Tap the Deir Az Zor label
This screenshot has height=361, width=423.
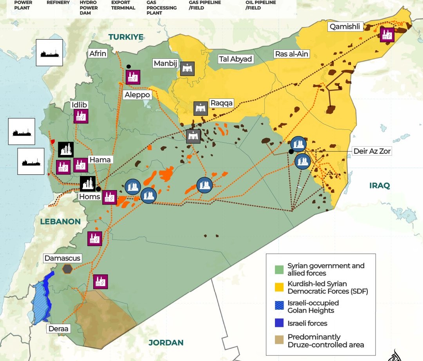click(372, 151)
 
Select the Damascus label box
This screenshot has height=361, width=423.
click(62, 258)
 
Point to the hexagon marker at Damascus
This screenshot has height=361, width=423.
click(68, 268)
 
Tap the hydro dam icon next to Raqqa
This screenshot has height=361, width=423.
click(201, 109)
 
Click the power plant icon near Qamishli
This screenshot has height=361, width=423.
click(387, 35)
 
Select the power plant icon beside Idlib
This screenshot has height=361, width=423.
click(81, 116)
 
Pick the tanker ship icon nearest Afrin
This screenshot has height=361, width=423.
click(49, 53)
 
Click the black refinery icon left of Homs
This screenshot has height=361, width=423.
click(87, 183)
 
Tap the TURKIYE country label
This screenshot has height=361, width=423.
click(126, 37)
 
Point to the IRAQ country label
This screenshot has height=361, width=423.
click(380, 185)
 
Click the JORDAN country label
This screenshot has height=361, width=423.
click(166, 342)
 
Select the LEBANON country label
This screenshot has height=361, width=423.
click(60, 221)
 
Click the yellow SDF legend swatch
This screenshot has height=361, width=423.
click(279, 287)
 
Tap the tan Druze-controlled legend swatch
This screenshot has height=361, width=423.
click(279, 341)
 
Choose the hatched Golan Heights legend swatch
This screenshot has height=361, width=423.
click(279, 306)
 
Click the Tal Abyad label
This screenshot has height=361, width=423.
click(236, 59)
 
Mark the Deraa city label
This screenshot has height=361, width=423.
click(58, 328)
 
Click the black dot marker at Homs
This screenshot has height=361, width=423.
click(98, 189)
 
